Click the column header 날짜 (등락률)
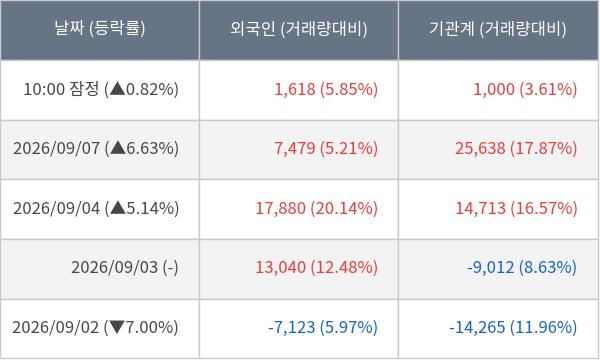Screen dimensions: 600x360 click(100, 29)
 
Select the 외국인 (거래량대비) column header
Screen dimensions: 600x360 click(298, 29)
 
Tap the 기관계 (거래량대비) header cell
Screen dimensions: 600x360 click(497, 29)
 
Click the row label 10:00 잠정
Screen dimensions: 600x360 click(61, 89)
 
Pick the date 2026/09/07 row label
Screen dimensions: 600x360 click(57, 148)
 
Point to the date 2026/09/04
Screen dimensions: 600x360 click(57, 209)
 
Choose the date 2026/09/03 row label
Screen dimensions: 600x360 click(114, 267)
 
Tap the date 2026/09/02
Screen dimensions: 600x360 click(55, 327)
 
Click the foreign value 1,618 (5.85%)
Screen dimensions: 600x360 click(326, 89)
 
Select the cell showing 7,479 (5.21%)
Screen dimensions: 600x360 click(326, 148)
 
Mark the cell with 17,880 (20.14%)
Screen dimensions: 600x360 click(316, 209)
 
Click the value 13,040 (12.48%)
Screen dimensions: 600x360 click(316, 267)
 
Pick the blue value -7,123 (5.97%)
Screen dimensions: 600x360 click(323, 327)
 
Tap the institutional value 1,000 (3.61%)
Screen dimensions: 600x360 click(525, 89)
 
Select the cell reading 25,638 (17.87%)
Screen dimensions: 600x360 click(516, 148)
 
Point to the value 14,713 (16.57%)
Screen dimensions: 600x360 click(516, 209)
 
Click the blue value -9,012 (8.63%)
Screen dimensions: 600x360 click(522, 267)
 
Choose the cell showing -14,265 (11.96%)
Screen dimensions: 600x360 click(513, 327)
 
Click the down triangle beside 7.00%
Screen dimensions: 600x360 click(117, 327)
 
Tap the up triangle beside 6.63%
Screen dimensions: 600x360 click(118, 148)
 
